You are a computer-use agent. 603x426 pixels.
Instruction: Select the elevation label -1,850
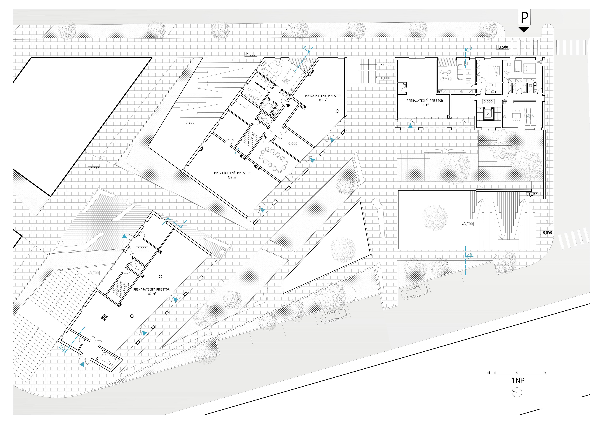click(x=250, y=54)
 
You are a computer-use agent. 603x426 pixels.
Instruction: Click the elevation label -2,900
click(x=386, y=64)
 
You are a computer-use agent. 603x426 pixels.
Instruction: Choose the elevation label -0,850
click(x=546, y=233)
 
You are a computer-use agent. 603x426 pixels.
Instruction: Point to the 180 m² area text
click(x=151, y=294)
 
